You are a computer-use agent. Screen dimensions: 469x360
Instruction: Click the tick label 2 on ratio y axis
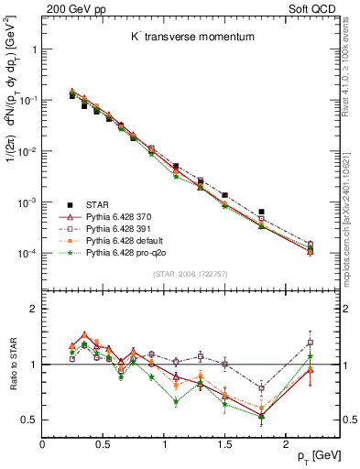pyautogui.click(x=34, y=309)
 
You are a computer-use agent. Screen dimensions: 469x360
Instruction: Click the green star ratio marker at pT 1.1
pyautogui.click(x=176, y=401)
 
